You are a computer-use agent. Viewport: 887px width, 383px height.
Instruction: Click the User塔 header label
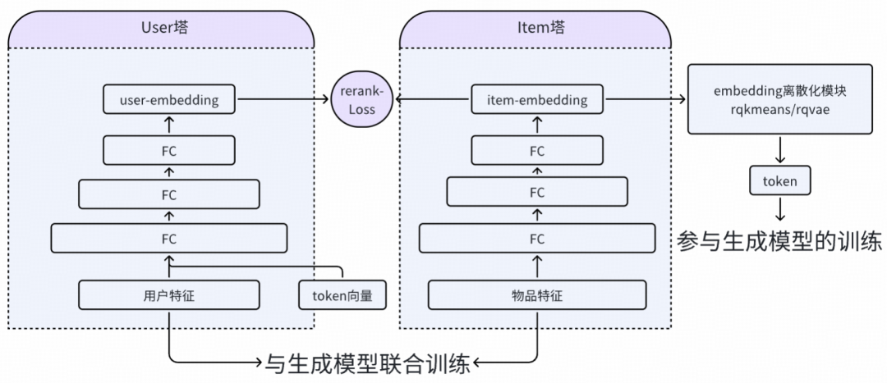pyautogui.click(x=162, y=28)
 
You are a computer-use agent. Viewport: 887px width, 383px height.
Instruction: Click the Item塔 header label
pyautogui.click(x=536, y=28)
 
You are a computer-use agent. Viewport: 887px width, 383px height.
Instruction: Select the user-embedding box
pyautogui.click(x=169, y=100)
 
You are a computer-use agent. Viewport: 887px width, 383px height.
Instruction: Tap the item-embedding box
pyautogui.click(x=537, y=100)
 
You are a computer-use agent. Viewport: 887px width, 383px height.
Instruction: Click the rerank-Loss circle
pyautogui.click(x=361, y=100)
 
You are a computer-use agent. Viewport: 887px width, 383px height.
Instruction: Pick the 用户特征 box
pyautogui.click(x=169, y=295)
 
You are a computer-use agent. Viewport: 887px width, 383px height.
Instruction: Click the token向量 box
pyautogui.click(x=342, y=295)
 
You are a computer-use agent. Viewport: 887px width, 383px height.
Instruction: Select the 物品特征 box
pyautogui.click(x=537, y=295)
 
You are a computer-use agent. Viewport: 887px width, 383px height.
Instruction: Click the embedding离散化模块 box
pyautogui.click(x=779, y=100)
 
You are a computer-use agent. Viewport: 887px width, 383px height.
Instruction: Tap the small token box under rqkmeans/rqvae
pyautogui.click(x=779, y=180)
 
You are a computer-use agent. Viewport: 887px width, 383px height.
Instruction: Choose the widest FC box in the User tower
pyautogui.click(x=169, y=239)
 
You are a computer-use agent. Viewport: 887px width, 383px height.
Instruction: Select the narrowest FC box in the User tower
pyautogui.click(x=169, y=151)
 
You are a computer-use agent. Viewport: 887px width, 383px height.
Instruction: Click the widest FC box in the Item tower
pyautogui.click(x=537, y=239)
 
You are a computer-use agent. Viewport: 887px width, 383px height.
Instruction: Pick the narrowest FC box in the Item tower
pyautogui.click(x=537, y=151)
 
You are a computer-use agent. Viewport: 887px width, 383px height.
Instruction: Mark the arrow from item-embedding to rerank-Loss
pyautogui.click(x=430, y=100)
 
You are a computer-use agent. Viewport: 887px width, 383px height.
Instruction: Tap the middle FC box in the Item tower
pyautogui.click(x=537, y=193)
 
